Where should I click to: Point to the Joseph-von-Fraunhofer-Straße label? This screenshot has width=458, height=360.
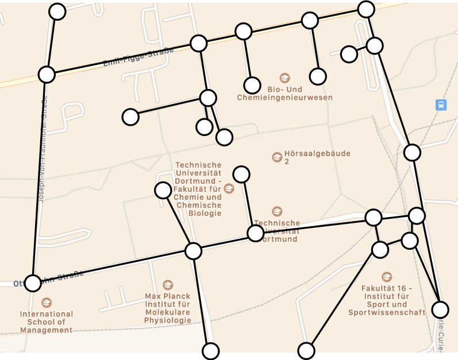tap(41, 149)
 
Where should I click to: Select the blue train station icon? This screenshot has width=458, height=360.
tap(441, 105)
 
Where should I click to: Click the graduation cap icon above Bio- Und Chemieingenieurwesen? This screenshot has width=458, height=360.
tap(284, 78)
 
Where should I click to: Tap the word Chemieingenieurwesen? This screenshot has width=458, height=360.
tap(284, 98)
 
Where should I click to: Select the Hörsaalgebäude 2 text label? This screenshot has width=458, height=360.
tap(317, 157)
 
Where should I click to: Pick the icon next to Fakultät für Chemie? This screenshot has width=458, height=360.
tap(229, 188)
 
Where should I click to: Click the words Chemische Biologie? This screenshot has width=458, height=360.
tap(199, 209)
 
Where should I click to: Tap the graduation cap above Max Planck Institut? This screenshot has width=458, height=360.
tap(167, 285)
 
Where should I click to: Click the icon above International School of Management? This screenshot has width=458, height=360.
tap(46, 302)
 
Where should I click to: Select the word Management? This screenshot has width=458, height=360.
tap(46, 330)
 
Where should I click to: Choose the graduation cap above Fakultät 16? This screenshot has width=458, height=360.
tap(386, 277)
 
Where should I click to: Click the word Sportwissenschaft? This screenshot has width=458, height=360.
tap(386, 312)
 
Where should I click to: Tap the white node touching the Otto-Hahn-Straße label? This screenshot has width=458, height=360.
tap(33, 282)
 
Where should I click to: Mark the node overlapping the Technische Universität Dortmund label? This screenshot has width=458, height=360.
tap(255, 233)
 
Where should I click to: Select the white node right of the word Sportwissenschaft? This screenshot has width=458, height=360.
tap(440, 309)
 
